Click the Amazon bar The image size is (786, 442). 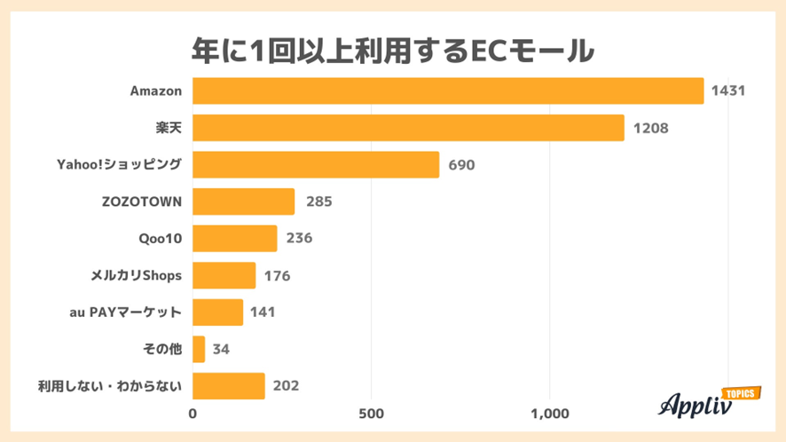[448, 91]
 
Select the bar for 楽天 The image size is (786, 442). [408, 128]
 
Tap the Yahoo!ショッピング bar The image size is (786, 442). [316, 164]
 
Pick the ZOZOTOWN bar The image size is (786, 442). [243, 201]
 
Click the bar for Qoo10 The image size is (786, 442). [234, 239]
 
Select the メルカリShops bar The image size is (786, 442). [224, 275]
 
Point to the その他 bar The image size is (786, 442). [199, 349]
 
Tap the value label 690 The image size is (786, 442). [463, 165]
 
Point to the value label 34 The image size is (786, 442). [221, 349]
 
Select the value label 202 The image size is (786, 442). [286, 386]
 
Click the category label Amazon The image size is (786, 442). [155, 91]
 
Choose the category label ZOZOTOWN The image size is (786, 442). [142, 201]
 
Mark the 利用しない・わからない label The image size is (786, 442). [110, 386]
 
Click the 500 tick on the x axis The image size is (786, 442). [371, 414]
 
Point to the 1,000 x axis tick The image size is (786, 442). [549, 414]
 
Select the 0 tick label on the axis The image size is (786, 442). [193, 414]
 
